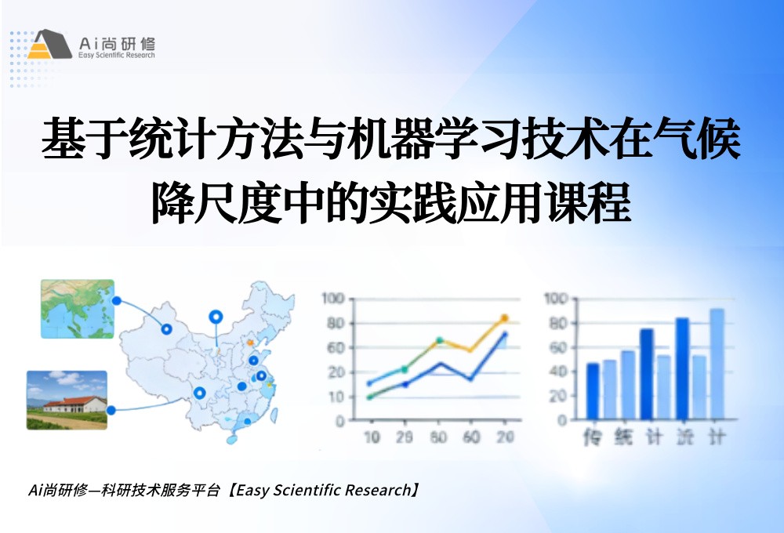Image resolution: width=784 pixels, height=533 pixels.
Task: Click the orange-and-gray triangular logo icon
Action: point(49,45)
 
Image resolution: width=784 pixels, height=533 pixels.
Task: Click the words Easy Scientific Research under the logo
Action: point(118,56)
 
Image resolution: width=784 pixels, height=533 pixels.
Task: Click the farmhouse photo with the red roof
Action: point(67,400)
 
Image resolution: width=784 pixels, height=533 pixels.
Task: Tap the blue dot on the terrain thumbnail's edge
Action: point(116,300)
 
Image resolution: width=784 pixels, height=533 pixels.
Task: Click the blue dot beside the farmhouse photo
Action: point(111,410)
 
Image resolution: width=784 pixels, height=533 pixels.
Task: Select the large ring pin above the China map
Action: point(216,317)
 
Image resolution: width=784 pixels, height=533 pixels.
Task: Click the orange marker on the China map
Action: point(251,342)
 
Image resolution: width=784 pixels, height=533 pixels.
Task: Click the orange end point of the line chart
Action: point(504,318)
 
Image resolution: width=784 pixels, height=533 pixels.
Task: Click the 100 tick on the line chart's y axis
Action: point(333,299)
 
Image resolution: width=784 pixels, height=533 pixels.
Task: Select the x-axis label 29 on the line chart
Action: point(405,437)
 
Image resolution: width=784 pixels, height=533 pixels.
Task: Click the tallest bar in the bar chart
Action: point(717,364)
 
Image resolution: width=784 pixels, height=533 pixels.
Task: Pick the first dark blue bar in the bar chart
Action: point(593,391)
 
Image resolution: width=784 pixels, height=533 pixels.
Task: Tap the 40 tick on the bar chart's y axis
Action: point(557,372)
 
